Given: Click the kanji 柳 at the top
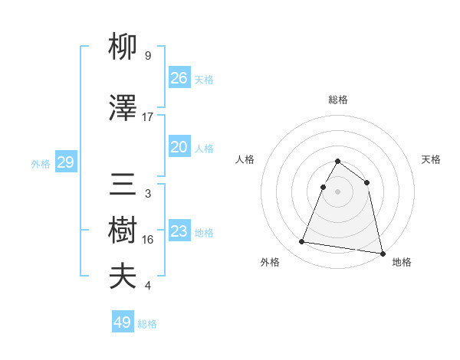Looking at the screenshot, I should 123,50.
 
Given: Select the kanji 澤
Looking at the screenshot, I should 123,110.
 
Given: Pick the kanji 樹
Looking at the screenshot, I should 123,233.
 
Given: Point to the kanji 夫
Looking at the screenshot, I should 123,277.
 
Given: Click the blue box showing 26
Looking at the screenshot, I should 179,78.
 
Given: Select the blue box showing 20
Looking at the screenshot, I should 179,147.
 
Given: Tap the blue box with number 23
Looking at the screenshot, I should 179,231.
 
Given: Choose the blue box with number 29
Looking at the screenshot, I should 65,162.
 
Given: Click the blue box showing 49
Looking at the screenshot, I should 123,322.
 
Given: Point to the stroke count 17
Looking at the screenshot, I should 148,117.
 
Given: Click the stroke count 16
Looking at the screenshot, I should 148,240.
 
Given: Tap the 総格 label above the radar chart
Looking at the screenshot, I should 337,100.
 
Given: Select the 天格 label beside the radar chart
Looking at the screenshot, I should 431,159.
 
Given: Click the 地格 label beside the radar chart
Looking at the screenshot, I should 402,262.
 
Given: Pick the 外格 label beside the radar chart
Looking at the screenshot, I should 270,262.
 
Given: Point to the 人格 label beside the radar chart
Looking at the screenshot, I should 245,159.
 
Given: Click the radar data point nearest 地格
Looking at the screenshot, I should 382,253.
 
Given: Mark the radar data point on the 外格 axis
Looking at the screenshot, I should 302,242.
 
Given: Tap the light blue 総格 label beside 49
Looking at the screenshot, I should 147,324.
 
